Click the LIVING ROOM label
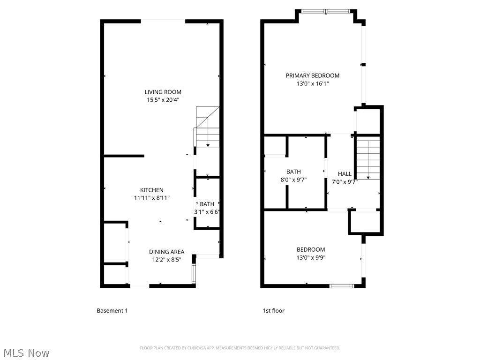point(163,92)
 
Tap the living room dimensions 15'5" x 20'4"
point(163,100)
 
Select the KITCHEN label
point(152,190)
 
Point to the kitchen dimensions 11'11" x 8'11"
point(152,198)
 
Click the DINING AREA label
point(166,252)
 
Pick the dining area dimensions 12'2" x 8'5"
point(166,259)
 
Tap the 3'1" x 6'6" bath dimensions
point(207,212)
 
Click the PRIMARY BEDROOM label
point(313,75)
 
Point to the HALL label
point(345,174)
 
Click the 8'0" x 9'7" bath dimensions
point(293,180)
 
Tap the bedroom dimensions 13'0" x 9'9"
point(310,257)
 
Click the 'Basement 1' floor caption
point(112,311)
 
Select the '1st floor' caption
point(273,311)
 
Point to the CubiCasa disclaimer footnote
point(240,348)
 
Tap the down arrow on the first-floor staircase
point(368,177)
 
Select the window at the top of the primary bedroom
point(326,11)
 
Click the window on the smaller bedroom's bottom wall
point(342,285)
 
